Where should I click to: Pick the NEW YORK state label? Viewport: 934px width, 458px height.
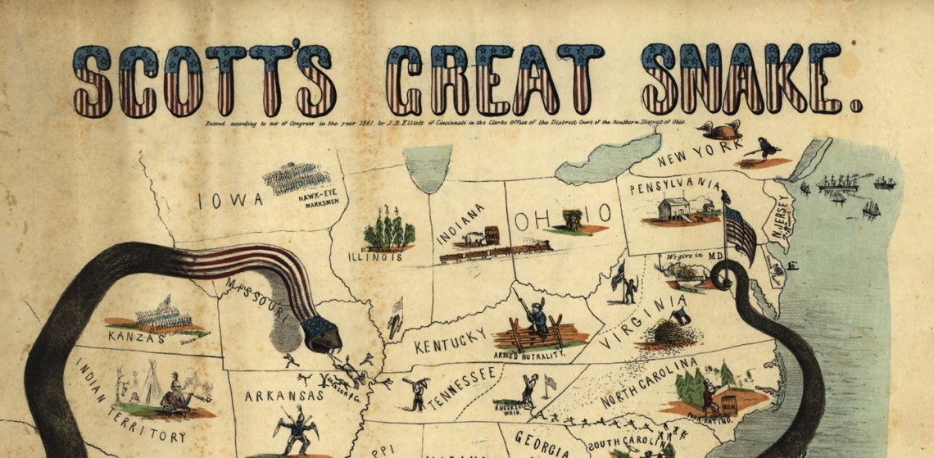[x=698, y=152]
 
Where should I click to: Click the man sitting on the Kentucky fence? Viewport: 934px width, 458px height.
[x=538, y=319]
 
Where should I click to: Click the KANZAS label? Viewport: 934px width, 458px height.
[x=136, y=335]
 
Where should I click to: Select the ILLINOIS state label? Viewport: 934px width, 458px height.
[x=378, y=256]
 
